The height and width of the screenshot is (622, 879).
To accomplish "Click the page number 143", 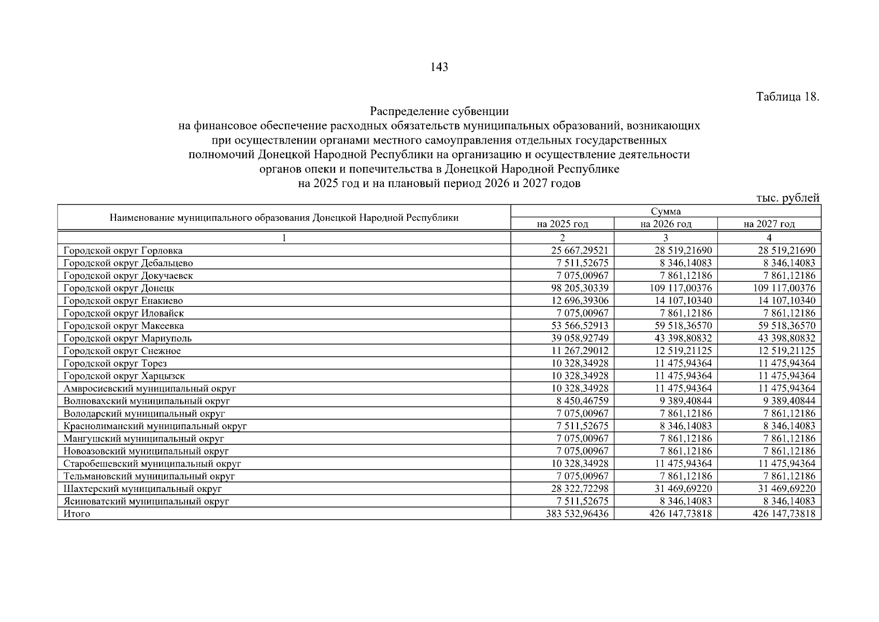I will pyautogui.click(x=439, y=67).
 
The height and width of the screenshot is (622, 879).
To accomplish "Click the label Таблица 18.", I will pyautogui.click(x=787, y=97).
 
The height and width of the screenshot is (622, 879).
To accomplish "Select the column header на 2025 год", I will pyautogui.click(x=562, y=224).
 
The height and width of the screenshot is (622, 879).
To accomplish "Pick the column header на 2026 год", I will pyautogui.click(x=666, y=224).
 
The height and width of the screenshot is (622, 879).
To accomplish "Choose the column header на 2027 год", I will pyautogui.click(x=769, y=224).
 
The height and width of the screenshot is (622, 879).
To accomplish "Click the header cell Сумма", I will pyautogui.click(x=666, y=211).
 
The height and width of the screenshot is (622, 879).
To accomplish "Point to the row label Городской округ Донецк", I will pyautogui.click(x=119, y=288).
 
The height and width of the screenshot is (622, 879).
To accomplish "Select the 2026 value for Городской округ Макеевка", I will pyautogui.click(x=680, y=326).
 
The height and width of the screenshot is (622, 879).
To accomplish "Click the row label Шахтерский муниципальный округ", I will pyautogui.click(x=142, y=489).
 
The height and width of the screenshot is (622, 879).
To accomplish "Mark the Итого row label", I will pyautogui.click(x=77, y=514).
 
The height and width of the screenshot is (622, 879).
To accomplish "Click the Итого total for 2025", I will pyautogui.click(x=577, y=514).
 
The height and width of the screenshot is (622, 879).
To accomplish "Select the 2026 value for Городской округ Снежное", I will pyautogui.click(x=680, y=351).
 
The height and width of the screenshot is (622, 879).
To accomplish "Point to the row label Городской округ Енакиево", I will pyautogui.click(x=123, y=301).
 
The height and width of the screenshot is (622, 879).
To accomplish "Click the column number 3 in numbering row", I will pyautogui.click(x=666, y=238).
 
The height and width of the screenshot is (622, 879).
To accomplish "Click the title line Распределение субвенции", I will pyautogui.click(x=439, y=111).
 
